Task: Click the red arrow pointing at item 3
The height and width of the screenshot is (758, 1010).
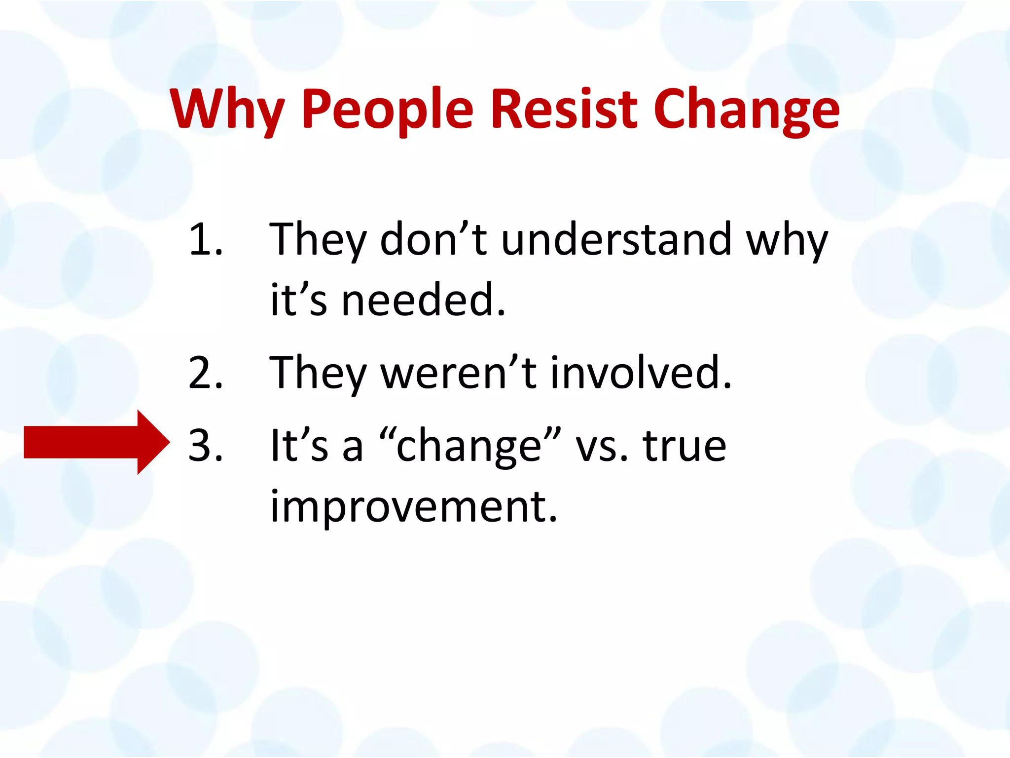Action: pyautogui.click(x=97, y=442)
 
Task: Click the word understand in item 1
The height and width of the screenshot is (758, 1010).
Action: pyautogui.click(x=616, y=240)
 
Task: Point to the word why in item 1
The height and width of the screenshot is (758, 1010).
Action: pyautogui.click(x=787, y=242)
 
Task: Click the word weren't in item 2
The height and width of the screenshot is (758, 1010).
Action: pyautogui.click(x=459, y=373)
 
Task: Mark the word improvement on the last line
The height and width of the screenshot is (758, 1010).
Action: pyautogui.click(x=413, y=507)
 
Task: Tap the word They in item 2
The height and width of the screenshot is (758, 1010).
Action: pyautogui.click(x=318, y=373)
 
